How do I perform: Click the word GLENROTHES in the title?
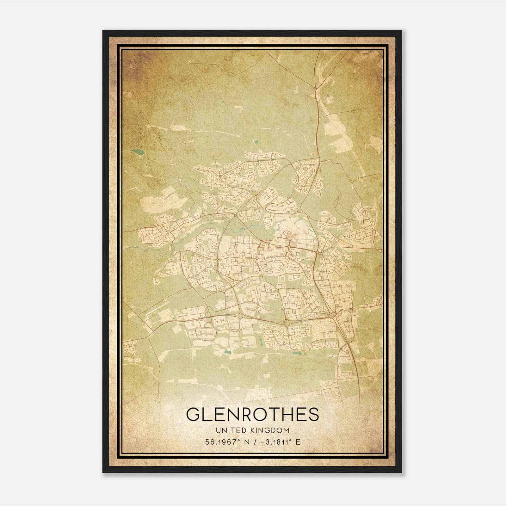(x=252, y=415)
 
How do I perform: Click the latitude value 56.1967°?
(x=221, y=442)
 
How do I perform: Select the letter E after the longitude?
(x=298, y=442)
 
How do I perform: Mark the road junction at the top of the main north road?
(x=315, y=88)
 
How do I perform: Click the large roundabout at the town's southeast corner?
(x=332, y=315)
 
